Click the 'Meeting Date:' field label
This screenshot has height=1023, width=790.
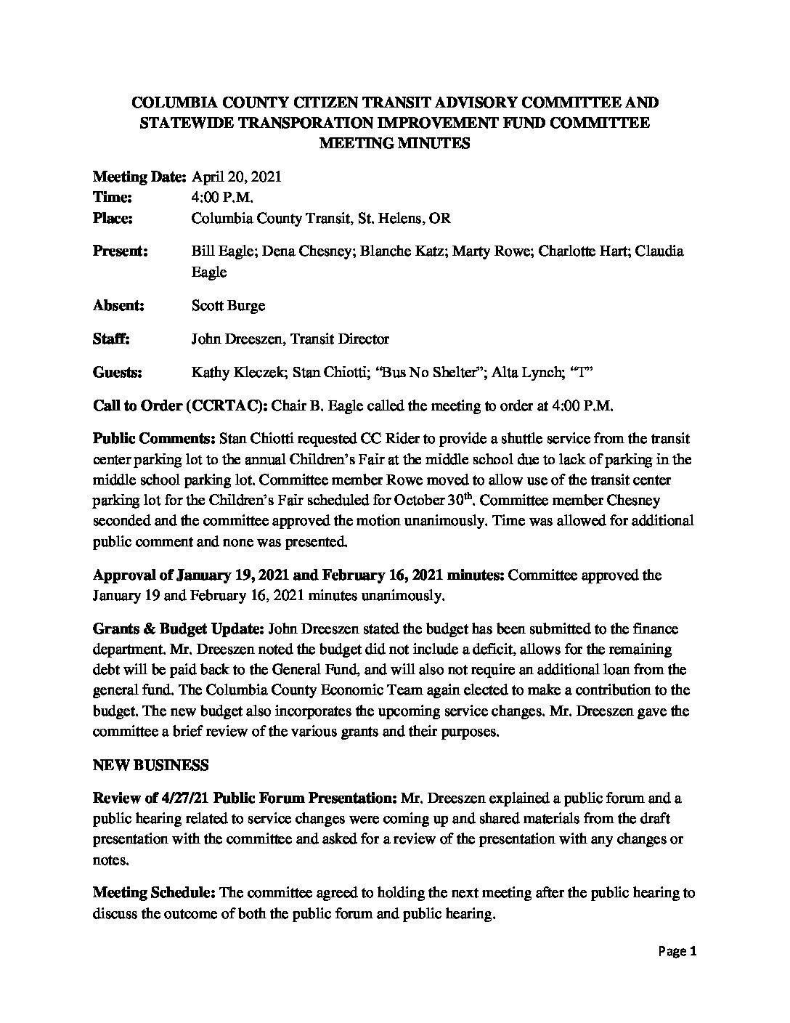[139, 177]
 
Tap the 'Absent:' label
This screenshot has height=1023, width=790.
[119, 305]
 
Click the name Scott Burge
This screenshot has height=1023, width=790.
[228, 305]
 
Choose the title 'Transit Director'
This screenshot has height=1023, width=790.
[339, 339]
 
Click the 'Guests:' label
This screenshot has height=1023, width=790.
[118, 373]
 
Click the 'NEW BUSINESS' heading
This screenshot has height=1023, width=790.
[150, 765]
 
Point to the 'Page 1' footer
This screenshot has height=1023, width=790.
[678, 951]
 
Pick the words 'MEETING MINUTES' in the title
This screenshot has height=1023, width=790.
[395, 143]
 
